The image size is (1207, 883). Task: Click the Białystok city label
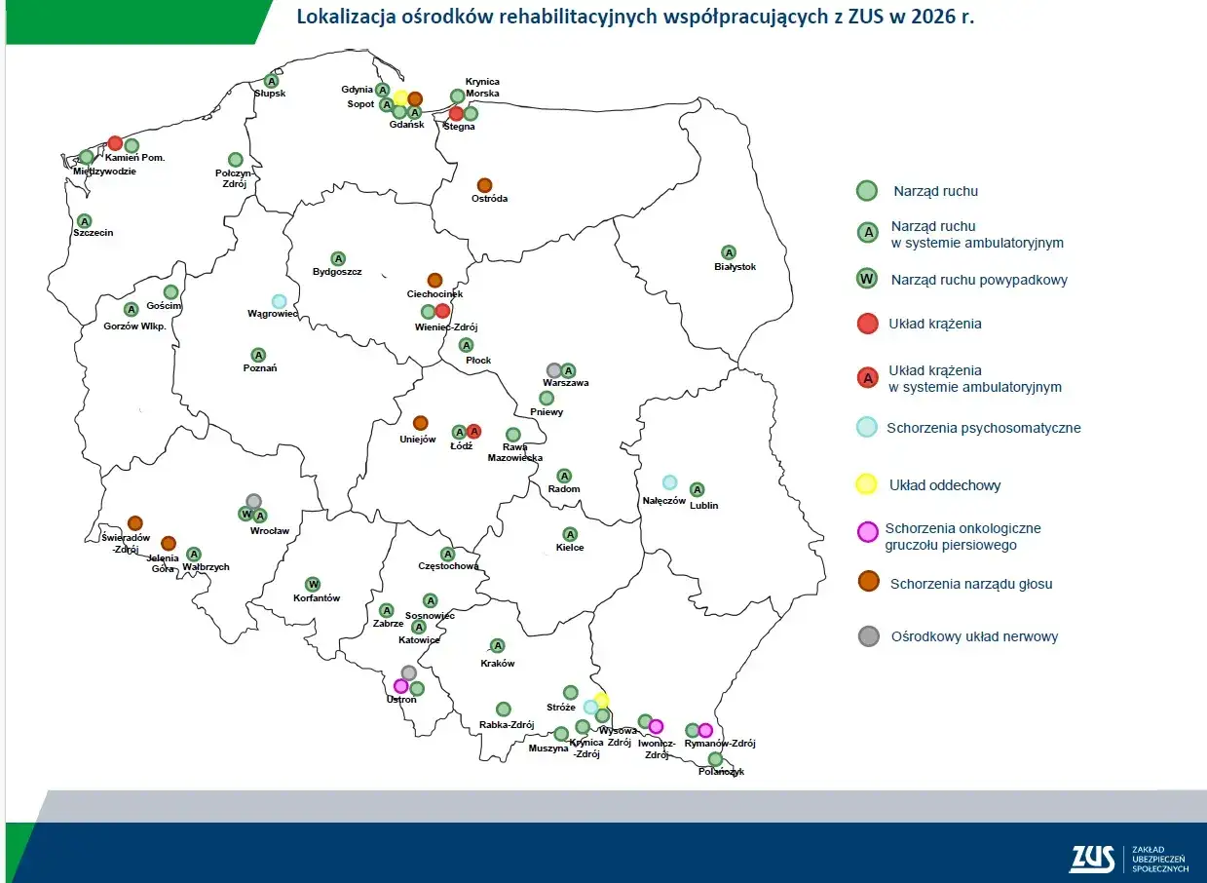coord(735,267)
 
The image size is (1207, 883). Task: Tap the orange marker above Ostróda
coord(484,185)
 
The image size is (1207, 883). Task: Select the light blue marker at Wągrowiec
coord(279,301)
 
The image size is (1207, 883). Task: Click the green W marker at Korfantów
coord(313,584)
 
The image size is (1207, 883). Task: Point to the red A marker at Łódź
coord(473,431)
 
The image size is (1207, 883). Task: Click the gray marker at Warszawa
coord(553,370)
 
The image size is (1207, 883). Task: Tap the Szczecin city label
coord(94,233)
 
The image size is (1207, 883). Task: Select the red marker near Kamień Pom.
coord(115,143)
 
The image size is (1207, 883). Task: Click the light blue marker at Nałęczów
coord(669,482)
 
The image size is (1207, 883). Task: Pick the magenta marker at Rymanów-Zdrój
coord(705,730)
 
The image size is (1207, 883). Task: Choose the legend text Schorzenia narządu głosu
coord(970,584)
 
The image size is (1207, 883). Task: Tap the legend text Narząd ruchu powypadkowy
coord(978,280)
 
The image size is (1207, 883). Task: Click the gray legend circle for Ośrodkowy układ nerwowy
coord(867,636)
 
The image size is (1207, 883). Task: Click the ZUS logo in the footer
coord(1092,858)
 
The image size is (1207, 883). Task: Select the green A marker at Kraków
coord(497,645)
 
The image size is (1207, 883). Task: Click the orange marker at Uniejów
coord(420,423)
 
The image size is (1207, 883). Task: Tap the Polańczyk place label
coord(721,772)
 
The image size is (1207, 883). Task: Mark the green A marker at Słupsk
coord(272,81)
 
